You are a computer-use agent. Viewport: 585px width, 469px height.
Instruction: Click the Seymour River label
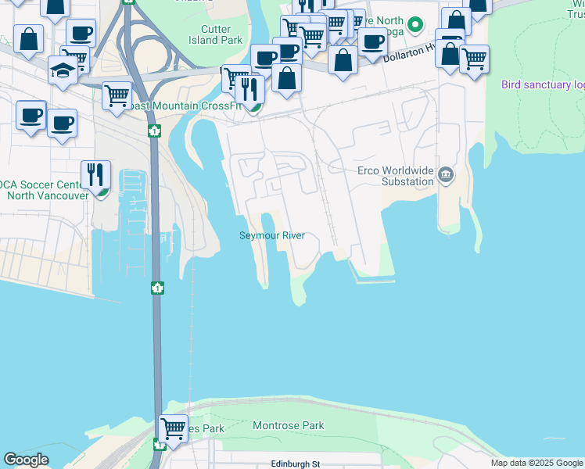tap(271, 236)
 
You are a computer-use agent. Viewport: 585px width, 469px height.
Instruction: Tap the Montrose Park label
tap(289, 426)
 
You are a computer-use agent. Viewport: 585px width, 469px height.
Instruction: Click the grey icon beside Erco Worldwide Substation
tap(446, 174)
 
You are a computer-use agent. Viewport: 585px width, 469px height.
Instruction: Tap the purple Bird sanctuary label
tap(543, 84)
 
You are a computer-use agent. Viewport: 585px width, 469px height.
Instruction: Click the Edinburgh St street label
tap(296, 464)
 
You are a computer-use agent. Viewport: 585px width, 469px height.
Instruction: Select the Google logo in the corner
tap(26, 460)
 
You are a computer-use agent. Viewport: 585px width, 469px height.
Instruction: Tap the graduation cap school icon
tap(63, 70)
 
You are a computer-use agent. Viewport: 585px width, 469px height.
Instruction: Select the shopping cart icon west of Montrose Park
tap(173, 428)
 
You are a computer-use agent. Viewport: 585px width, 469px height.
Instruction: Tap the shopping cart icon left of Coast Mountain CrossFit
tap(117, 95)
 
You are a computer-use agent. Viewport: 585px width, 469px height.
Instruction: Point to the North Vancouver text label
tap(48, 195)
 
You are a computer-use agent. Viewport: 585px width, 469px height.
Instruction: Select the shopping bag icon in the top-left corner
tap(28, 39)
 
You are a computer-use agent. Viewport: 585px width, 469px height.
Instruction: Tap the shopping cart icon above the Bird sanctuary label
tap(474, 58)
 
